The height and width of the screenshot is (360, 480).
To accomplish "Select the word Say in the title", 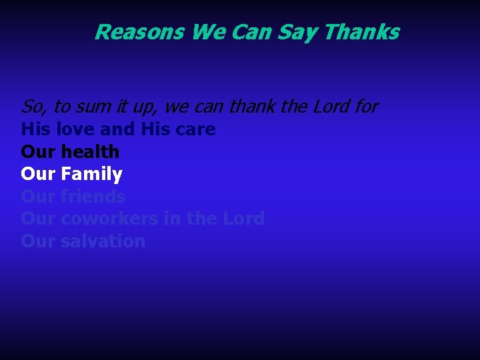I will pyautogui.click(x=303, y=32).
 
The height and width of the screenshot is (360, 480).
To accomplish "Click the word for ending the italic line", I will pyautogui.click(x=365, y=107).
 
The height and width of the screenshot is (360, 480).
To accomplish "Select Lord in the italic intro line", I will pyautogui.click(x=328, y=107).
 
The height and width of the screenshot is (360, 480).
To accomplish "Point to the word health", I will pyautogui.click(x=90, y=152).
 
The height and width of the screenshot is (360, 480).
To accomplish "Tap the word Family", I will pyautogui.click(x=91, y=175).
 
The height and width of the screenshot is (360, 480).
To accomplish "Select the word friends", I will pyautogui.click(x=93, y=197).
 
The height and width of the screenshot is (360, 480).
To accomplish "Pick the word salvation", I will pyautogui.click(x=103, y=241).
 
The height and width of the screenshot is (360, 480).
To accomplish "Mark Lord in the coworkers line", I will pyautogui.click(x=244, y=219).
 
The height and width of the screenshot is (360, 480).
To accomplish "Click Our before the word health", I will pyautogui.click(x=38, y=152).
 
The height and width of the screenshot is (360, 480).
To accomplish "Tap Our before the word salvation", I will pyautogui.click(x=38, y=241).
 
